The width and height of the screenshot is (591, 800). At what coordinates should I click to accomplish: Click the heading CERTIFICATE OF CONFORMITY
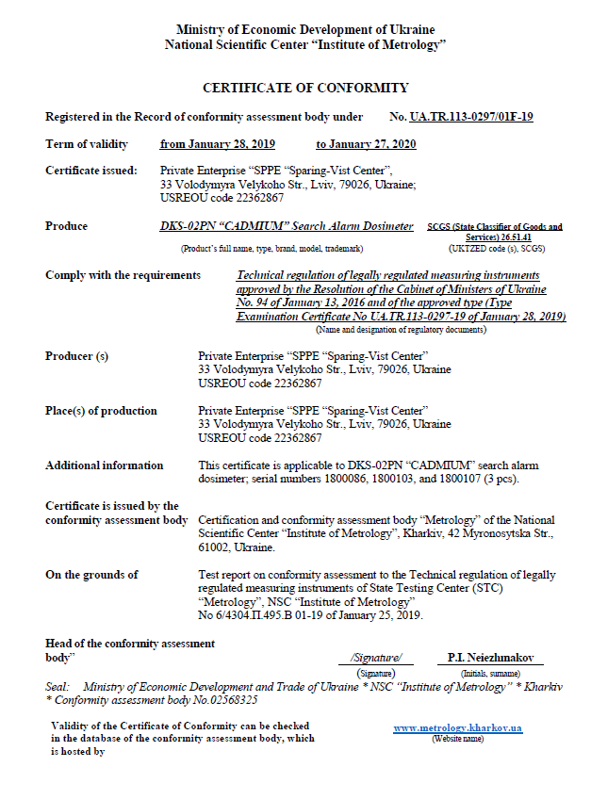pyautogui.click(x=305, y=88)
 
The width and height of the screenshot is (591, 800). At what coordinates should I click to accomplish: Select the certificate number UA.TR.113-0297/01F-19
pyautogui.click(x=471, y=117)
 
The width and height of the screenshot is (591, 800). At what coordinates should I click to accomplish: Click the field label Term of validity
pyautogui.click(x=86, y=144)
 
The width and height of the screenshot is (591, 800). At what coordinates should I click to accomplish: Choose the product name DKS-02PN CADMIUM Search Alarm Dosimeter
pyautogui.click(x=287, y=226)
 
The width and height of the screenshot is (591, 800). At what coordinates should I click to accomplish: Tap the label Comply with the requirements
pyautogui.click(x=123, y=275)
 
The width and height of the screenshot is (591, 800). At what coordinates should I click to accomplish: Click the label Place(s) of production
pyautogui.click(x=101, y=411)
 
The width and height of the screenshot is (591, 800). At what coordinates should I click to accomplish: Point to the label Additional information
pyautogui.click(x=104, y=465)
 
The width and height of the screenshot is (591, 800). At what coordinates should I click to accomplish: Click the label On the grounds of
pyautogui.click(x=91, y=575)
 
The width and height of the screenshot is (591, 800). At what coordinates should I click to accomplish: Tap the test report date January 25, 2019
pyautogui.click(x=382, y=615)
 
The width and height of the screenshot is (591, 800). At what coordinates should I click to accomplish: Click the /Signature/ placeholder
pyautogui.click(x=375, y=658)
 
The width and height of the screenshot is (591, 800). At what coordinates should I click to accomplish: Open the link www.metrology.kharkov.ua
pyautogui.click(x=457, y=728)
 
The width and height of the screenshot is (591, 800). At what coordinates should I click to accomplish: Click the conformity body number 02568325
pyautogui.click(x=231, y=701)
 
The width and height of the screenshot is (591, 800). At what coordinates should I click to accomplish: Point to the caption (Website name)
pyautogui.click(x=457, y=739)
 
